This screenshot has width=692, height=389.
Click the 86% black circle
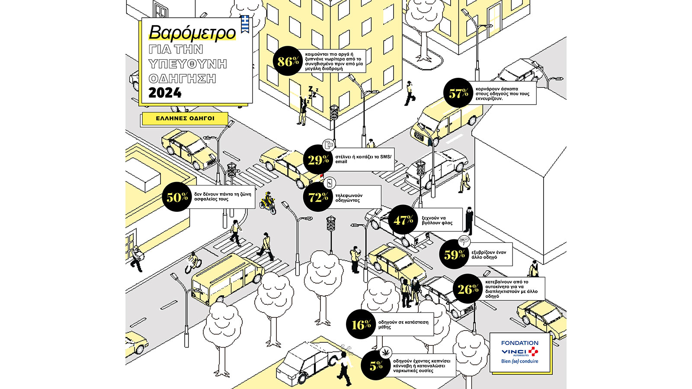point(288,61)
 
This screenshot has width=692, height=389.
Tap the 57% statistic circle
point(458,92)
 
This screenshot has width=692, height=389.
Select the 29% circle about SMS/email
point(318,159)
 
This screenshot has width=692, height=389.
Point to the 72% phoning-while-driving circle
point(318,197)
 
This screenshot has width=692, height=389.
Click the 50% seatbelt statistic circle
point(177,197)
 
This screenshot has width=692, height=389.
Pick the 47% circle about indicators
point(403,220)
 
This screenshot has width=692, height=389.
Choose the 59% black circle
point(454,254)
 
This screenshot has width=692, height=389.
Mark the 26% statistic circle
point(468,289)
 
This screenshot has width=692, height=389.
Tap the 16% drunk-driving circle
point(361,324)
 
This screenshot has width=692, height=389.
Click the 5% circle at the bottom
point(376,366)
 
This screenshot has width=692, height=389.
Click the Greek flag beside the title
point(245,24)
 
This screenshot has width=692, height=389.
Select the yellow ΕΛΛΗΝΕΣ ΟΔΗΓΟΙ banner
point(185,118)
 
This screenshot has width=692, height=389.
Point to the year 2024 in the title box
point(165,93)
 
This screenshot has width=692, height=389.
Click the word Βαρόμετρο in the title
point(192,33)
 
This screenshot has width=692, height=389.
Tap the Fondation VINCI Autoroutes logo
point(519,352)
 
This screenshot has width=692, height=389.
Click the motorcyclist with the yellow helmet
point(268,203)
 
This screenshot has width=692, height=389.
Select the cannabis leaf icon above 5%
point(385,352)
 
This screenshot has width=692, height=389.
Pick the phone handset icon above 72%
point(330,183)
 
